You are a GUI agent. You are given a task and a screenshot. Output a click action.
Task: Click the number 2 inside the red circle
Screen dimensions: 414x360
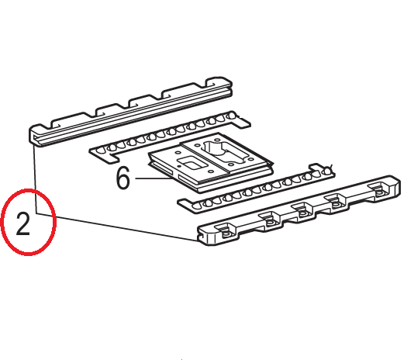(x=23, y=224)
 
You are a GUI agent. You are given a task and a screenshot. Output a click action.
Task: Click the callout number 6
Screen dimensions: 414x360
(x=123, y=178)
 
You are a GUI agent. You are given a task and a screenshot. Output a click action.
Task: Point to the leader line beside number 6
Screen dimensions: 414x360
(x=154, y=178)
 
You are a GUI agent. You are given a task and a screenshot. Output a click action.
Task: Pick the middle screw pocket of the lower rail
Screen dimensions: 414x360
(x=302, y=211)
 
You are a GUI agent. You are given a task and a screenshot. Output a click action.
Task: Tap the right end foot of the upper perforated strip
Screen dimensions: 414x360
(x=243, y=121)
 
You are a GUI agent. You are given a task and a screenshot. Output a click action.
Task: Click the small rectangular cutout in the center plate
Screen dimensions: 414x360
(x=191, y=164)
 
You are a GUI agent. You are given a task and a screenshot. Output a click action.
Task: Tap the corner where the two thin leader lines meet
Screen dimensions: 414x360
(x=36, y=213)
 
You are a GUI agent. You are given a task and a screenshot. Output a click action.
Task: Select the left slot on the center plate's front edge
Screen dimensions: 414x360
(x=161, y=170)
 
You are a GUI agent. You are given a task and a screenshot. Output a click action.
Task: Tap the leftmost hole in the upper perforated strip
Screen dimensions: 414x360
(x=100, y=151)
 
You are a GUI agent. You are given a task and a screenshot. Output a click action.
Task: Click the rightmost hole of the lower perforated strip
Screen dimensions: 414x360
(x=327, y=171)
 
